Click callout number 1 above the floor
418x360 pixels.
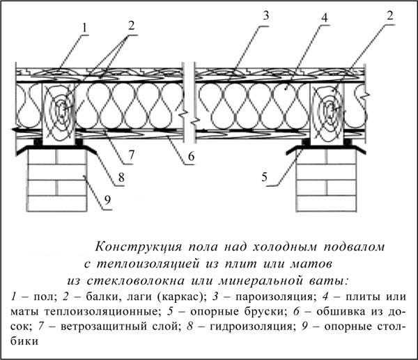(x=84, y=28)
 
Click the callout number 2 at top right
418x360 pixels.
(x=389, y=15)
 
